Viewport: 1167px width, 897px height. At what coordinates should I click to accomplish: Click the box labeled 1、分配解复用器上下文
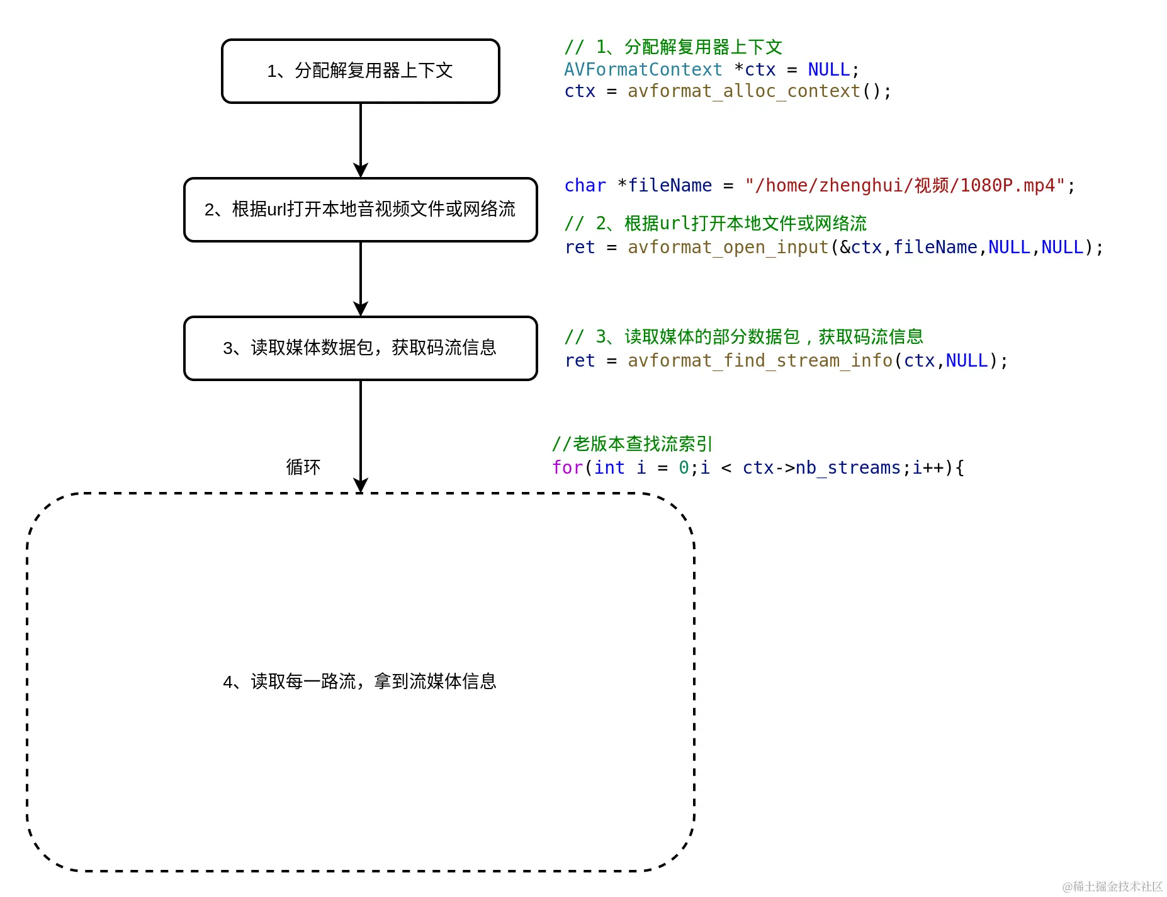tap(360, 71)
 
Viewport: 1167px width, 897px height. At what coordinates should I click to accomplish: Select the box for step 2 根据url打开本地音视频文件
tap(360, 210)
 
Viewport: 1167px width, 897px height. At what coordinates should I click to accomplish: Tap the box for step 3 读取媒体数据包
tap(360, 348)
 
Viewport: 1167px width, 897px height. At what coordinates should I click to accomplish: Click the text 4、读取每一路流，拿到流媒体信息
tap(359, 682)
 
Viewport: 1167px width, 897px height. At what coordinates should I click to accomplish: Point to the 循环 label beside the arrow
tap(303, 467)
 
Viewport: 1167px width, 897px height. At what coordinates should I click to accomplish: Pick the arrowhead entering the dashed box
tap(361, 485)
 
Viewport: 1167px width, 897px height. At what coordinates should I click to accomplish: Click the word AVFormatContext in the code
tap(643, 69)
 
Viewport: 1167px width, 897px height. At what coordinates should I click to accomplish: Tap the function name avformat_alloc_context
tap(743, 91)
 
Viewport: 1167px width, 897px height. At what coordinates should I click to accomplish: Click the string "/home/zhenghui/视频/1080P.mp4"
tap(905, 186)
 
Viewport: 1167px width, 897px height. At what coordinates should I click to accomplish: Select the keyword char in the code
tap(585, 186)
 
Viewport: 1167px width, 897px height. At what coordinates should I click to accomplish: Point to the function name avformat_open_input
tap(728, 248)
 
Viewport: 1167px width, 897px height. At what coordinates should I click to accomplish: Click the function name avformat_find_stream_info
tap(760, 361)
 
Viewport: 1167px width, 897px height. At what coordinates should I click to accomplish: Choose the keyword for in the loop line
tap(567, 468)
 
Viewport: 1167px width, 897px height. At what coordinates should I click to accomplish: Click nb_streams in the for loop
tap(848, 468)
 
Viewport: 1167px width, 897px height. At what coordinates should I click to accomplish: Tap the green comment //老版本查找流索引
tap(631, 444)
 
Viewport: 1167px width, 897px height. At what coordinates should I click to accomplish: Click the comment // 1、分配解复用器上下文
tap(673, 47)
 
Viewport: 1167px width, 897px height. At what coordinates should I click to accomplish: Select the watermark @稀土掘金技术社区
tap(1112, 886)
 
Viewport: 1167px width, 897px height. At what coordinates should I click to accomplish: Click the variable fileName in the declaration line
tap(670, 186)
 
